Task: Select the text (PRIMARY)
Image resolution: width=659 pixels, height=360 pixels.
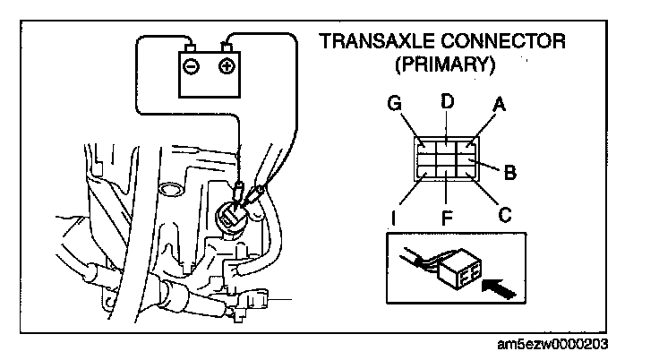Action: point(446,65)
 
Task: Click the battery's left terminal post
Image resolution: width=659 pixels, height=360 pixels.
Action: point(190,47)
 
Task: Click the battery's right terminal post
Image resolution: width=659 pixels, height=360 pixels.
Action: point(228,47)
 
